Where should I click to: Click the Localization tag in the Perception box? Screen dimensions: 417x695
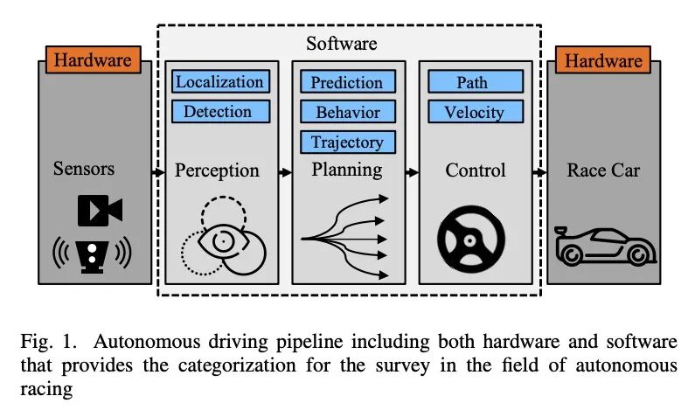tap(219, 82)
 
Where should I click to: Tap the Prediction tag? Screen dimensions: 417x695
tap(347, 82)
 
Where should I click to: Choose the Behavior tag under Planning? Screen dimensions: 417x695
tap(347, 112)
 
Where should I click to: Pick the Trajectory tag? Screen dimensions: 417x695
tap(347, 142)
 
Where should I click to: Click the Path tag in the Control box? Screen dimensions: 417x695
tap(476, 82)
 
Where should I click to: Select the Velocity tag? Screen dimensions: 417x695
tap(476, 112)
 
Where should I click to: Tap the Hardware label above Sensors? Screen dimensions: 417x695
tap(93, 60)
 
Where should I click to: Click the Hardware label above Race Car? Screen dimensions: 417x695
tap(603, 60)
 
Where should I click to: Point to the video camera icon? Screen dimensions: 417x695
tap(99, 211)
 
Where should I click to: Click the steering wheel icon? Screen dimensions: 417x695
tap(473, 239)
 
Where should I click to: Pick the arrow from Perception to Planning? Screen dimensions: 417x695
tap(284, 173)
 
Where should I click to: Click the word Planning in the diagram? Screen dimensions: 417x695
tap(347, 170)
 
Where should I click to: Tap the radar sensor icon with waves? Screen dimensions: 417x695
tap(91, 254)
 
